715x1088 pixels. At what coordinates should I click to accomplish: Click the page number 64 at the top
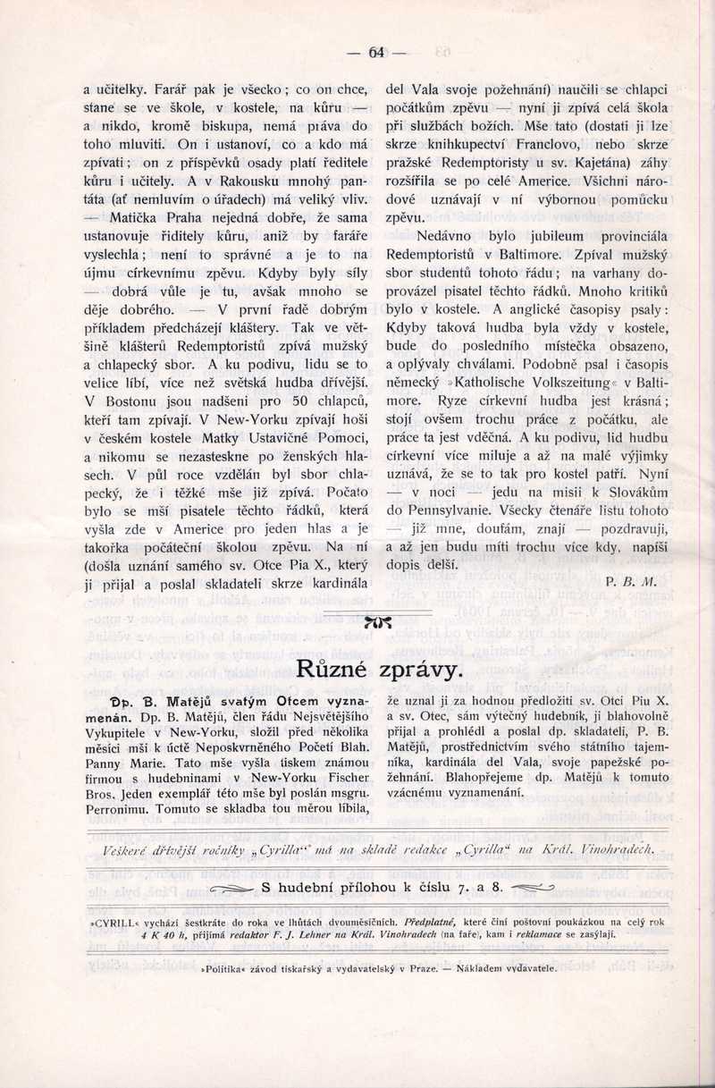376,53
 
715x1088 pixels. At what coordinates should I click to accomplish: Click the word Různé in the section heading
327,668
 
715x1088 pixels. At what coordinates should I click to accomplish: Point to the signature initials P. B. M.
631,581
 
